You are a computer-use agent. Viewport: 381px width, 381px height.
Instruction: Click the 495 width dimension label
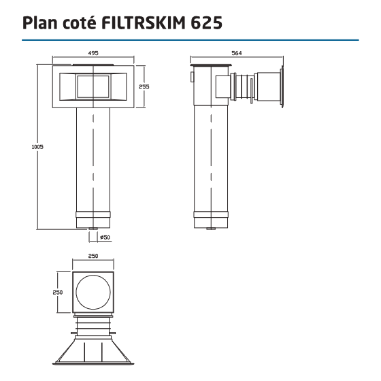93,52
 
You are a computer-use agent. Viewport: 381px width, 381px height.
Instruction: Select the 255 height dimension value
144,86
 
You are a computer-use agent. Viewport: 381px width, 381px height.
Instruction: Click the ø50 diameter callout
105,237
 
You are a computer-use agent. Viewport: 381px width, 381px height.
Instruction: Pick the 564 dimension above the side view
236,52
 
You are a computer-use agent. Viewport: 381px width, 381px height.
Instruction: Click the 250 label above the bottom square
93,256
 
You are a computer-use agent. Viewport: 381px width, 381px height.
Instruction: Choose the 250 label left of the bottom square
59,291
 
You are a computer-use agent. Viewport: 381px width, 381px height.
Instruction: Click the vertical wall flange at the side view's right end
280,87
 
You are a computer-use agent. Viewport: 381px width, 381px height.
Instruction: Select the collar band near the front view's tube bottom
93,220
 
